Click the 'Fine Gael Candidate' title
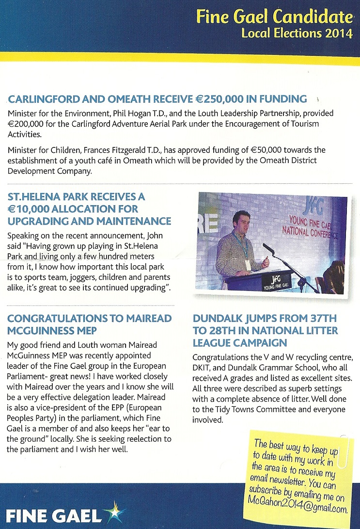(274, 17)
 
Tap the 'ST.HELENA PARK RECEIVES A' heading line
(76, 197)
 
